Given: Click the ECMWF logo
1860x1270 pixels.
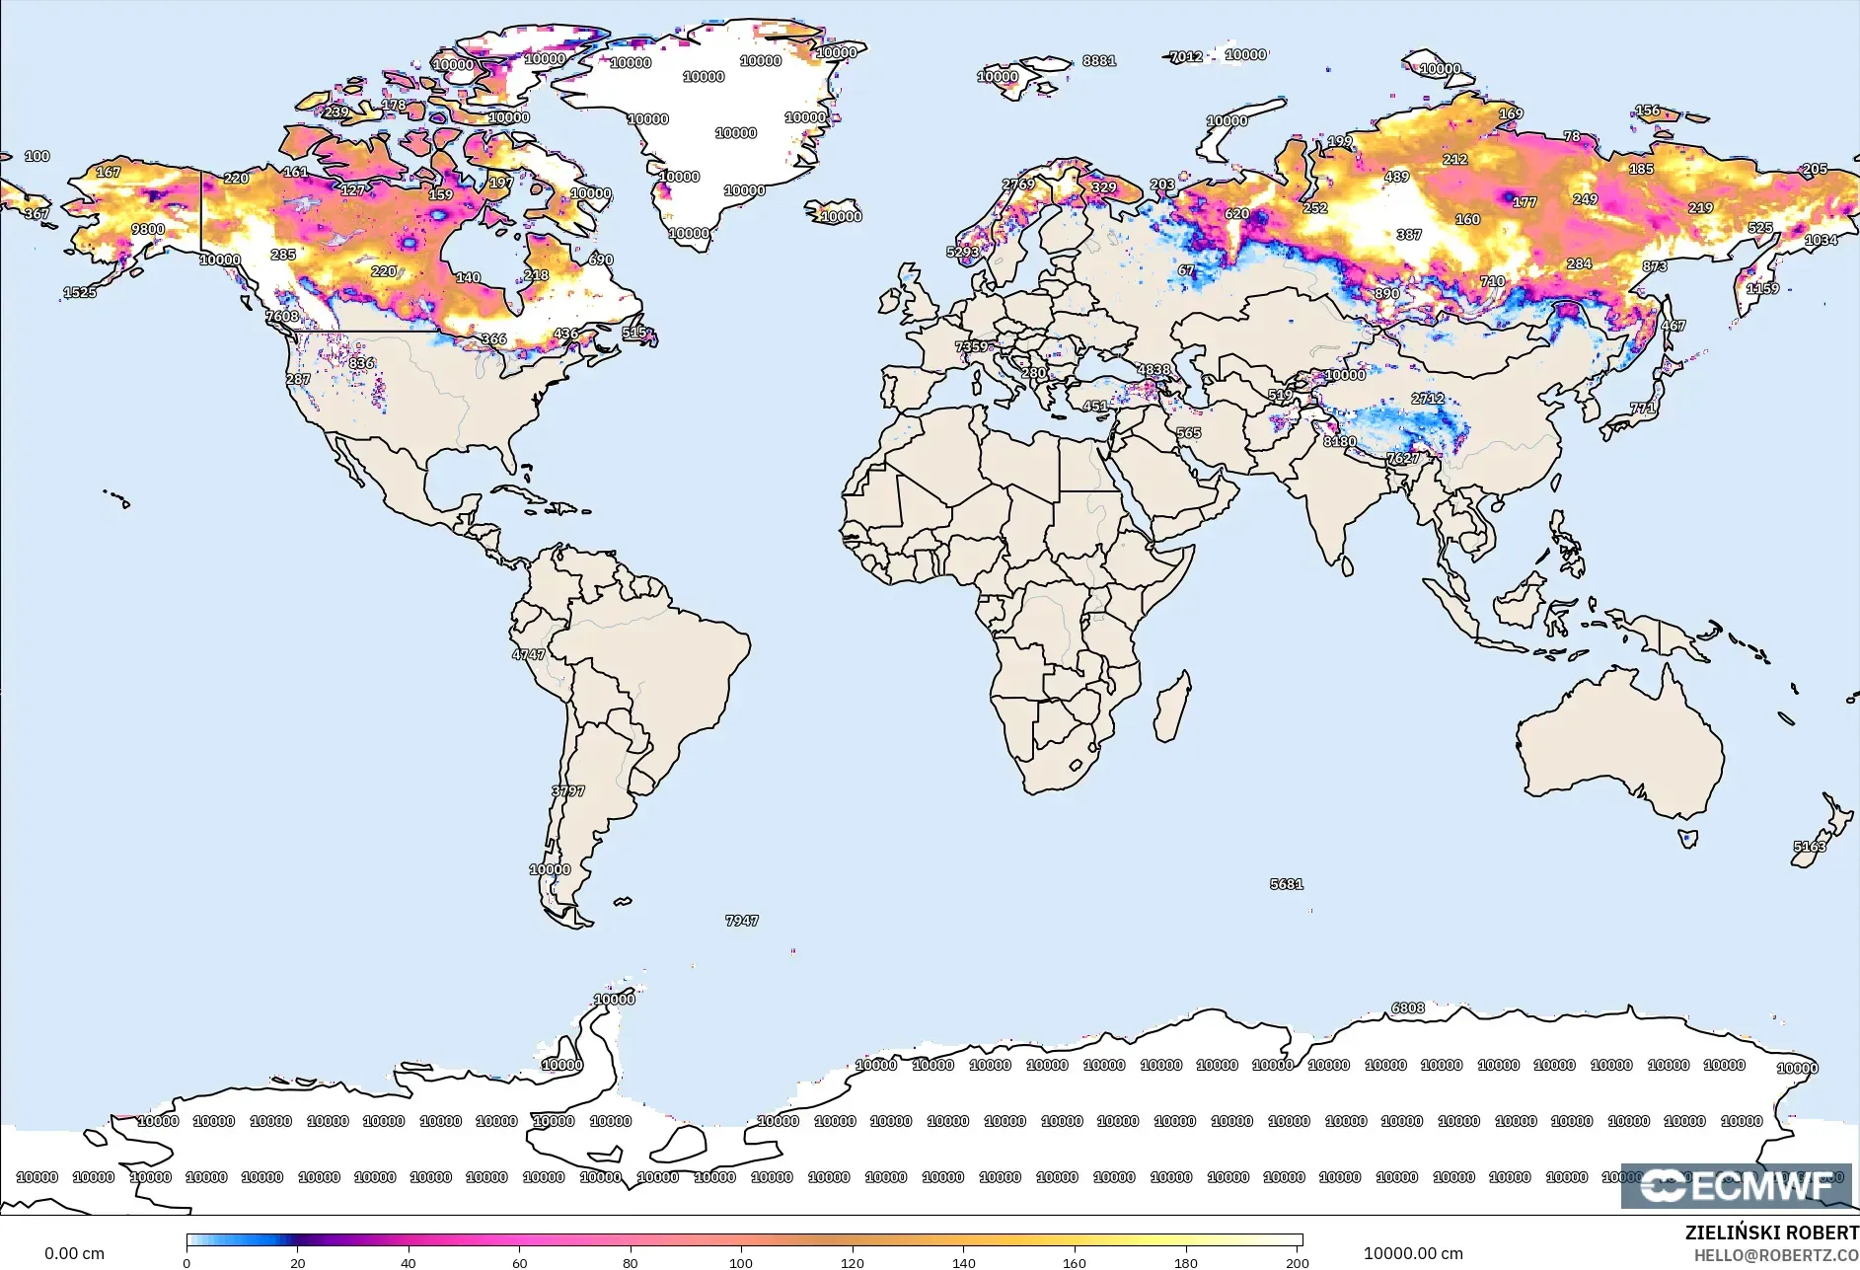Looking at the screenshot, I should tap(1737, 1185).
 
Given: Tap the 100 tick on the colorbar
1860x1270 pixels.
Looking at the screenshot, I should tap(741, 1262).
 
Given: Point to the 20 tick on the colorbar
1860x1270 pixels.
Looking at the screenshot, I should tap(297, 1262).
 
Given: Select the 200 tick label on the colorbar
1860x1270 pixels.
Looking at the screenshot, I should tap(1297, 1262).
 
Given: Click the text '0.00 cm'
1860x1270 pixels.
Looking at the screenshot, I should tap(74, 1253).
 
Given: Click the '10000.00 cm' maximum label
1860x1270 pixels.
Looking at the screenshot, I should tap(1413, 1253).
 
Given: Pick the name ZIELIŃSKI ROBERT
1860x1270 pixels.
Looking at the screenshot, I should tap(1771, 1233).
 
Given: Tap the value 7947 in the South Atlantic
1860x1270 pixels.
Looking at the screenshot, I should tap(742, 921).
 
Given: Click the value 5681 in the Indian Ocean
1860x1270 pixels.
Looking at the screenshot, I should tap(1287, 884).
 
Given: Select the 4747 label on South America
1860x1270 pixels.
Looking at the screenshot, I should tap(528, 654).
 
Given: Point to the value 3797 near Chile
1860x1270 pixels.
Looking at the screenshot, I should tap(568, 791).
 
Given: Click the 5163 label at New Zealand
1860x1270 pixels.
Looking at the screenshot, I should tap(1810, 847).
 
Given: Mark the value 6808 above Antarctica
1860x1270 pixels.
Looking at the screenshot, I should tap(1408, 1008).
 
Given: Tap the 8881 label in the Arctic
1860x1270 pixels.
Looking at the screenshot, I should tap(1099, 60).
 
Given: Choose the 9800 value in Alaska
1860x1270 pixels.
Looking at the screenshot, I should tap(148, 229).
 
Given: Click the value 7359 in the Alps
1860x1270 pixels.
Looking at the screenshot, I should tap(971, 346).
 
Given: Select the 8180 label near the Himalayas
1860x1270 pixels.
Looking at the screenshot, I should tap(1339, 441).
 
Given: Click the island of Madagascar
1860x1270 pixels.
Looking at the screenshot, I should tap(1172, 708).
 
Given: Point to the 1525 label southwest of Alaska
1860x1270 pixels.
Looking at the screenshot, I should tap(80, 292).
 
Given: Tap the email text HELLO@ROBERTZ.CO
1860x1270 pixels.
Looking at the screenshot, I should tap(1776, 1255).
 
